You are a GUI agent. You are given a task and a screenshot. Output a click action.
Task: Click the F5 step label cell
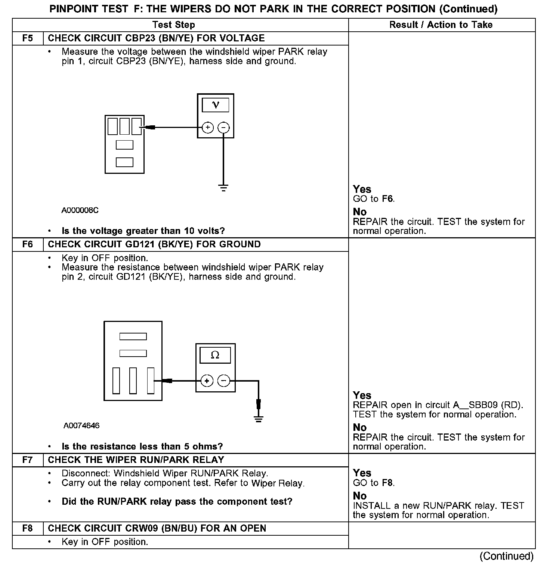pos(28,38)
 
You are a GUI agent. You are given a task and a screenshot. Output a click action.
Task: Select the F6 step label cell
pos(28,245)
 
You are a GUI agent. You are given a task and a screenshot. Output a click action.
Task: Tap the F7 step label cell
pos(28,460)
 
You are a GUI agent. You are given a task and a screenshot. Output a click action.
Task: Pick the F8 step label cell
pos(28,529)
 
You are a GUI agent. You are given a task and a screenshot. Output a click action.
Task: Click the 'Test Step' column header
pos(174,25)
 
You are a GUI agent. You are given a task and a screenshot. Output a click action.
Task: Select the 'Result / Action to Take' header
pos(441,25)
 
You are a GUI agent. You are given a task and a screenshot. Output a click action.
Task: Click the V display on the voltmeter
pos(216,105)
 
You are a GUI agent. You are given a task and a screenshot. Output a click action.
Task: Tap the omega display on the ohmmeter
pos(215,355)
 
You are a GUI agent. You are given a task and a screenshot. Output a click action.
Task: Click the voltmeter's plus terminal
pos(208,128)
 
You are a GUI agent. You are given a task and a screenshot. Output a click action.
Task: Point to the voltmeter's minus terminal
pos(223,128)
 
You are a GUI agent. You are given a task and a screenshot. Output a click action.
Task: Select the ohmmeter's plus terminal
pos(207,381)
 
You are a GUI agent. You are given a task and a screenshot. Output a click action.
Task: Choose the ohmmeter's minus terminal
pos(223,381)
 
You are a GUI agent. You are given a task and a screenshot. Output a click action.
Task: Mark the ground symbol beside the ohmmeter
pos(259,418)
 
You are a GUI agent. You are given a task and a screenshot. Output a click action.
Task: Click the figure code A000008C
pos(80,211)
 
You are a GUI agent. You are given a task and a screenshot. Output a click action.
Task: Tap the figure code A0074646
pos(81,426)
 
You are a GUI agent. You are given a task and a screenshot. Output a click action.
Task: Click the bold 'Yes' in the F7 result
pos(362,473)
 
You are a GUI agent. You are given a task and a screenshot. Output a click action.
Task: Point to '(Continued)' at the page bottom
pos(507,556)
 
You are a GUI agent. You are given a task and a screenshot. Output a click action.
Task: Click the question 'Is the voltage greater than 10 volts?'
pos(143,231)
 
